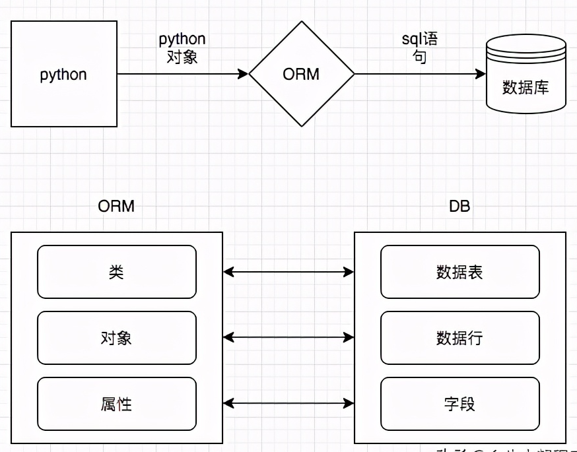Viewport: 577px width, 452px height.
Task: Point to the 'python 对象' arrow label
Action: [182, 48]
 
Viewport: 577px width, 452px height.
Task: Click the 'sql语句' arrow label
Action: [419, 48]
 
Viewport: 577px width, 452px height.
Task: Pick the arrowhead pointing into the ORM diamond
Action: [244, 75]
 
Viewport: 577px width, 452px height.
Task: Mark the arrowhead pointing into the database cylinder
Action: [481, 75]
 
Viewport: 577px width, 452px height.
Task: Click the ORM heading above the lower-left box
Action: [116, 206]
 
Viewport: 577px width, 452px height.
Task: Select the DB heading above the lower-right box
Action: [459, 206]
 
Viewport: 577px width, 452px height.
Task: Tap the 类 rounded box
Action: [117, 272]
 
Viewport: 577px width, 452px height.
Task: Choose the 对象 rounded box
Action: [117, 338]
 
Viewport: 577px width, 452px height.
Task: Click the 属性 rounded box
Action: [117, 404]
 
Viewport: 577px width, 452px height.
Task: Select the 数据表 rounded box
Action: [460, 272]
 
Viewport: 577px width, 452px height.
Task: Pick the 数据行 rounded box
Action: [460, 338]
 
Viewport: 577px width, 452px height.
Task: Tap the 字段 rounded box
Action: [460, 404]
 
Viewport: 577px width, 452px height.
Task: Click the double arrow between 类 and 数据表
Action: [288, 271]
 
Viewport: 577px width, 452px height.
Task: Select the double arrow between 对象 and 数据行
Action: [288, 337]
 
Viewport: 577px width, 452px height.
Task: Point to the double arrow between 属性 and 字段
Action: [288, 403]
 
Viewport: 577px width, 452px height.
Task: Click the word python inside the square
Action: [63, 75]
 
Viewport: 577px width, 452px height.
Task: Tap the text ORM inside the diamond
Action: [301, 74]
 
